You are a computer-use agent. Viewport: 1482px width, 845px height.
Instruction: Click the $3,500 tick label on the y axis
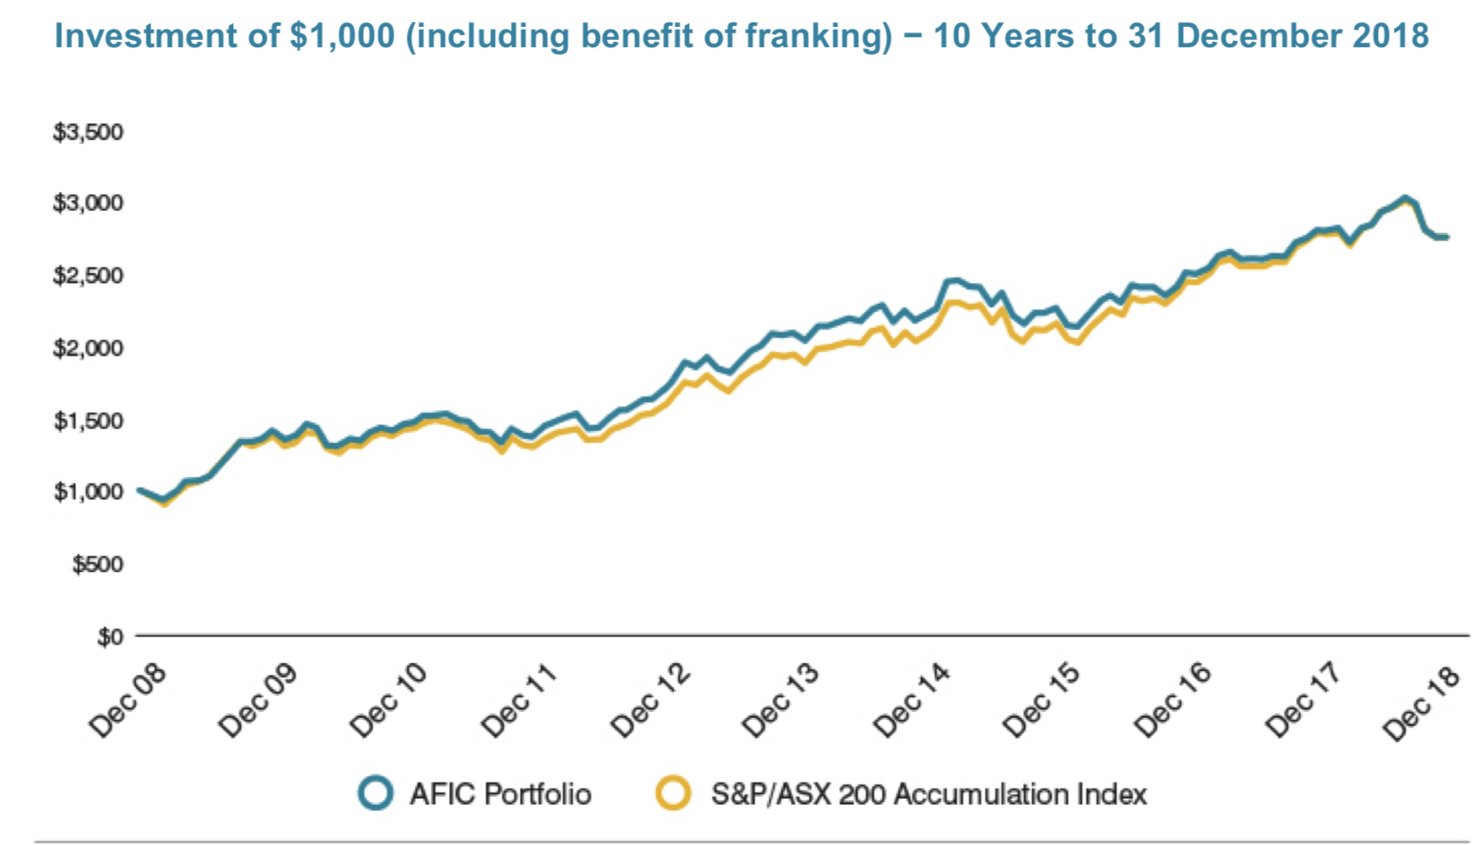[88, 132]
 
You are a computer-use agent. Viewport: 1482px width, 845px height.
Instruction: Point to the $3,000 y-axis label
[88, 202]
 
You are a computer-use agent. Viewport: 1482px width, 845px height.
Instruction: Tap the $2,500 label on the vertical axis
[88, 276]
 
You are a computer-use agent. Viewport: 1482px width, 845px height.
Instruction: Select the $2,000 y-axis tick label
[88, 348]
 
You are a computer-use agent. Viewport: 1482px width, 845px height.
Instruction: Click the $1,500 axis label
[88, 421]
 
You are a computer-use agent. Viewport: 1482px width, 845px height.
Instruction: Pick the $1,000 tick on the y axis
[88, 491]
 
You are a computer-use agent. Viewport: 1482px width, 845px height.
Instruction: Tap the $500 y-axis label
[97, 564]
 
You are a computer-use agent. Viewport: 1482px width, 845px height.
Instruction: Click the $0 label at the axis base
[110, 637]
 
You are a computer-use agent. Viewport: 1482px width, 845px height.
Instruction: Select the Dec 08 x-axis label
[127, 701]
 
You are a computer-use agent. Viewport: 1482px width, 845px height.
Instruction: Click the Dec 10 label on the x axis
[388, 701]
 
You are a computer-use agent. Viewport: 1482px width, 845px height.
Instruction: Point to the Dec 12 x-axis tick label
[651, 701]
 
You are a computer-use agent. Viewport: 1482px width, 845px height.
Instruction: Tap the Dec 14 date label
[912, 701]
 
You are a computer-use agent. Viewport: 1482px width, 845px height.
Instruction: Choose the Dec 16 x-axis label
[1174, 701]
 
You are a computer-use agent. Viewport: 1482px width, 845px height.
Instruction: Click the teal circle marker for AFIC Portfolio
[376, 794]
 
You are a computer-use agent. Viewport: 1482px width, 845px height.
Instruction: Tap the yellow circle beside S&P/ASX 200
[673, 794]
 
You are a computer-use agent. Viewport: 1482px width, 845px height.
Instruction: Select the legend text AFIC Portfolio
[500, 795]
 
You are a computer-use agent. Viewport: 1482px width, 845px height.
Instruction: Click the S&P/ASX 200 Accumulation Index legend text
[929, 795]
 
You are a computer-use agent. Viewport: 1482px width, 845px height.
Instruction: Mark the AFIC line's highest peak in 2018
[1405, 198]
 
